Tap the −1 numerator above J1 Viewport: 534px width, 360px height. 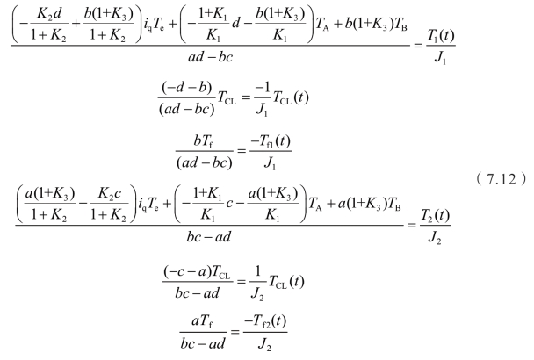[291, 97]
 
